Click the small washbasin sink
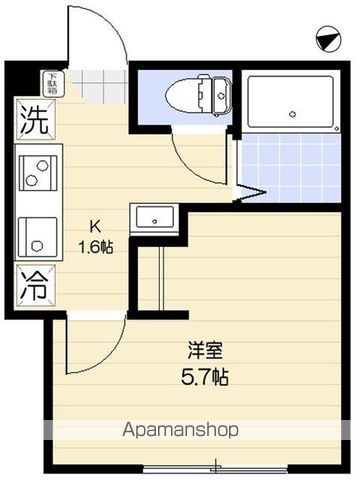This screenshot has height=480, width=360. pos(155,216)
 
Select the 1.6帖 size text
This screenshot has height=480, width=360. pos(97,247)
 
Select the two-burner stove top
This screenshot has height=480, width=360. pos(37,173)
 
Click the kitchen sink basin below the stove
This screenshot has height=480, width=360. pos(37,233)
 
